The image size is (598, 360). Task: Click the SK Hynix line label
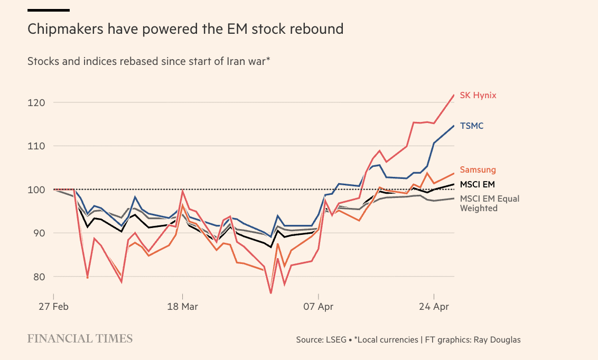click(478, 96)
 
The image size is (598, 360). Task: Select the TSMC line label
click(472, 126)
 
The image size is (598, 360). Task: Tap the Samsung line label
click(478, 170)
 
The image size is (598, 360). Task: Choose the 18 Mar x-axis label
click(182, 307)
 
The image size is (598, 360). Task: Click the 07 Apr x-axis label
click(319, 307)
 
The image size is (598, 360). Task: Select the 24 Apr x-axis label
click(433, 307)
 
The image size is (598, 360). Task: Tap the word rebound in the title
click(319, 29)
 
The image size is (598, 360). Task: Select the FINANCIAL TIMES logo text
click(80, 338)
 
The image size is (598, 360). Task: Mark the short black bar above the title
click(48, 10)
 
